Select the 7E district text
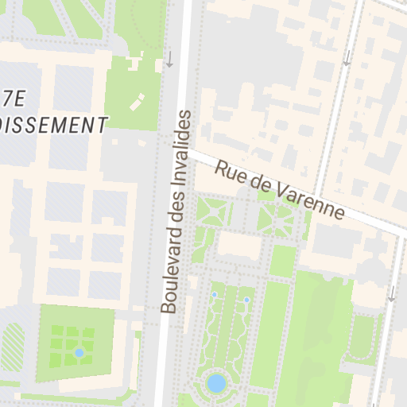[x=14, y=99]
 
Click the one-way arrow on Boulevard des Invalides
[x=169, y=60]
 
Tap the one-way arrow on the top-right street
[x=347, y=57]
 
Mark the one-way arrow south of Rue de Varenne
[x=391, y=293]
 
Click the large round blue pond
[x=215, y=384]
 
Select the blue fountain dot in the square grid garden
[x=79, y=352]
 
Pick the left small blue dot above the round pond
[x=214, y=295]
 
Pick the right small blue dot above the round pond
[x=246, y=300]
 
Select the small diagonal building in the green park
[x=138, y=101]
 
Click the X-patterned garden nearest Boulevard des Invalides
[x=212, y=212]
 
